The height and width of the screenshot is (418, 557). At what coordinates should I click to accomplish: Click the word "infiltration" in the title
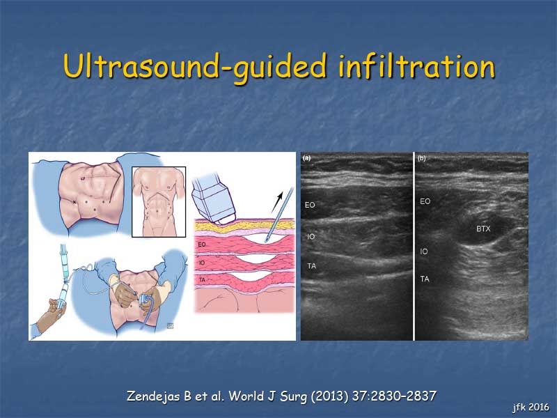coord(416,66)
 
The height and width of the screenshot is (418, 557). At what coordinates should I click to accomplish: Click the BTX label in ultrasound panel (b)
coord(483,229)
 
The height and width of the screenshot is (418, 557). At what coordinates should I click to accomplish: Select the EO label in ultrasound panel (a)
coord(310,205)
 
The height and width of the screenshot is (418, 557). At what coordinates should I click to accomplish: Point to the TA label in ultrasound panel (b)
coord(425,279)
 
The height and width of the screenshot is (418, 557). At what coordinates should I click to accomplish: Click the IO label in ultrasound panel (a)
coord(311,236)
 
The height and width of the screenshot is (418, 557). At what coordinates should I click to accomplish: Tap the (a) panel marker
coord(306,158)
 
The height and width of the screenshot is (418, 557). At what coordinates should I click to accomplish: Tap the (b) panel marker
coord(422,158)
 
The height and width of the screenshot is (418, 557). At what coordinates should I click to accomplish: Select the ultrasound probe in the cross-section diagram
coord(213,200)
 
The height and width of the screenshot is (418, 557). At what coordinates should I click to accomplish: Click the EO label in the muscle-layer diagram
coord(202,245)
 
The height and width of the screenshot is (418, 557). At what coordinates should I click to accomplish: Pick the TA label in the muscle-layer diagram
coord(202,280)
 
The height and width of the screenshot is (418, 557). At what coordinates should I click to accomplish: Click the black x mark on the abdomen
coord(74,202)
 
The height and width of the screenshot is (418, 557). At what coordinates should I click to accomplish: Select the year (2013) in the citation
coord(329,396)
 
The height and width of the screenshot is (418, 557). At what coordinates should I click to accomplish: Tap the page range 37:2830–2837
coord(394,396)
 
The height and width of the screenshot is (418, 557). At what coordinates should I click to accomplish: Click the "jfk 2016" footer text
coord(531,407)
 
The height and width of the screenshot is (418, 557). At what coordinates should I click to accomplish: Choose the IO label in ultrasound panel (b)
coord(424,251)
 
